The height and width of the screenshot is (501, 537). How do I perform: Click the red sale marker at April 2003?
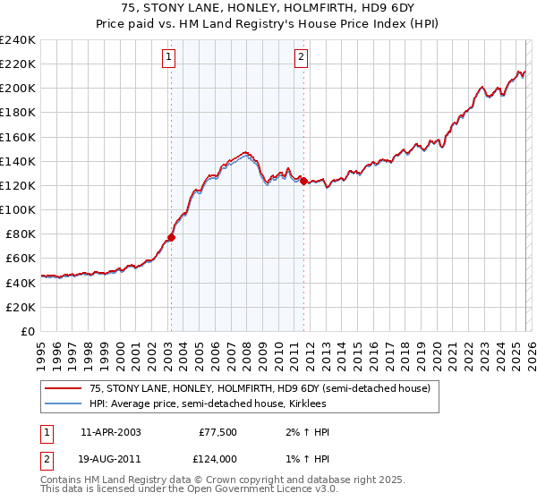coord(171,237)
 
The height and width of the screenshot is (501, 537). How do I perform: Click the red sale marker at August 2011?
coord(303,181)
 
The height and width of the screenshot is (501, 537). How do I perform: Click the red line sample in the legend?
coord(63,388)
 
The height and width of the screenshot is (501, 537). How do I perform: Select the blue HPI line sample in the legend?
coord(63,404)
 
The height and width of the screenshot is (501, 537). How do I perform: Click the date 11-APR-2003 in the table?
coord(110,432)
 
